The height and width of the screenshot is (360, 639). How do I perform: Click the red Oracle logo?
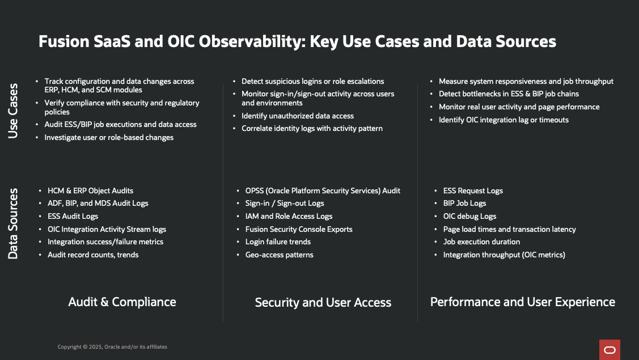pyautogui.click(x=610, y=350)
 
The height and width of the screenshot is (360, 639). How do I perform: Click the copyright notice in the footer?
pyautogui.click(x=112, y=347)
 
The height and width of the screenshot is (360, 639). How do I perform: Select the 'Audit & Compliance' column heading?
pyautogui.click(x=122, y=302)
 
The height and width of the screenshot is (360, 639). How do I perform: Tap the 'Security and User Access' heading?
pyautogui.click(x=323, y=302)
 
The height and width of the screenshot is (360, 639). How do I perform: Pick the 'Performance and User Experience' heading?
pyautogui.click(x=522, y=302)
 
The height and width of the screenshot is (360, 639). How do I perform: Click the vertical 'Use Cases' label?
pyautogui.click(x=13, y=111)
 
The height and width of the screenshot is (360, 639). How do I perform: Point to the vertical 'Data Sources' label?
pyautogui.click(x=13, y=223)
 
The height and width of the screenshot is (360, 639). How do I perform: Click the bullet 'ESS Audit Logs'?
pyautogui.click(x=73, y=216)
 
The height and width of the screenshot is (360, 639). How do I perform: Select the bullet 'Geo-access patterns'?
pyautogui.click(x=279, y=255)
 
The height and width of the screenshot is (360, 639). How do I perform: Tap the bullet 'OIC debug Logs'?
pyautogui.click(x=469, y=216)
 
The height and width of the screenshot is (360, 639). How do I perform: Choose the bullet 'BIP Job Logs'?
pyautogui.click(x=464, y=203)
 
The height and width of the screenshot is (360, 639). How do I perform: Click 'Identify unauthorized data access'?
pyautogui.click(x=297, y=116)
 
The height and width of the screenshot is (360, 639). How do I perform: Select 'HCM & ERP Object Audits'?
pyautogui.click(x=90, y=190)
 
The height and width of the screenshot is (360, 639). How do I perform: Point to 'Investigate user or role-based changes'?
pyautogui.click(x=109, y=137)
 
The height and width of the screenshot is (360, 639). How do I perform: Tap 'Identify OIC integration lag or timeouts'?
pyautogui.click(x=503, y=120)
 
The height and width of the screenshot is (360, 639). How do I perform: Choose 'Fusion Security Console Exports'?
pyautogui.click(x=299, y=229)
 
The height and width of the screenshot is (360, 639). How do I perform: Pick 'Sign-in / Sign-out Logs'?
pyautogui.click(x=285, y=203)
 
